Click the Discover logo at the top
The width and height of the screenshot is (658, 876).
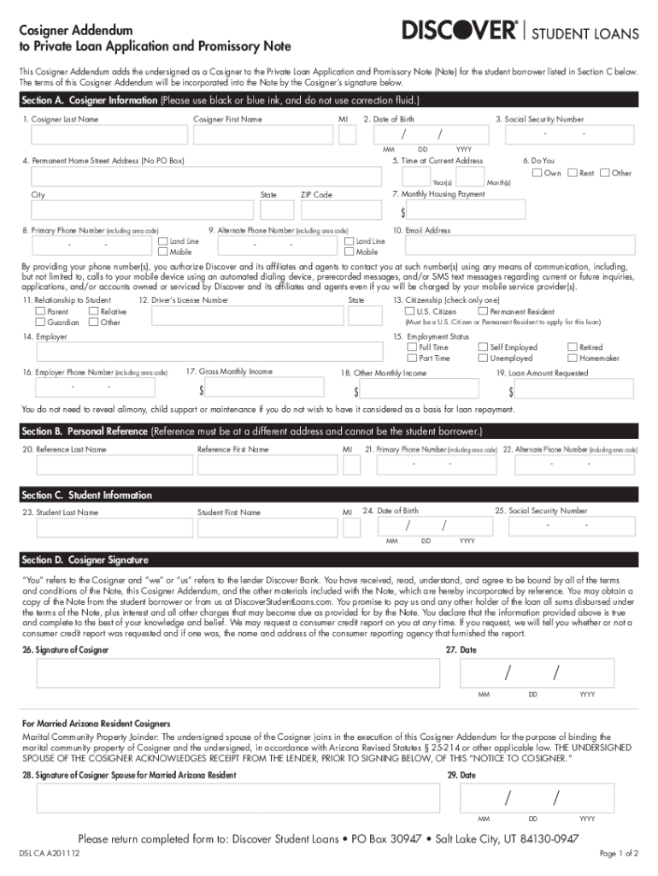point(460,32)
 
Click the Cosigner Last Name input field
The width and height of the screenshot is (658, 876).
point(109,135)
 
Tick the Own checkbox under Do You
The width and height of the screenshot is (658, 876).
point(536,173)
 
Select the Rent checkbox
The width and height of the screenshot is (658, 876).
point(573,173)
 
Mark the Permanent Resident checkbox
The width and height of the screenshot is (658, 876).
point(483,311)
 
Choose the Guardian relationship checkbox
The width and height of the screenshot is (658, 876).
point(40,323)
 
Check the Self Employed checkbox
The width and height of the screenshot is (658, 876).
point(483,347)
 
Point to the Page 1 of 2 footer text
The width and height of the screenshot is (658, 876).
point(619,854)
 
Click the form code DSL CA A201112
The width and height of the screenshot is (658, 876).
point(50,854)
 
